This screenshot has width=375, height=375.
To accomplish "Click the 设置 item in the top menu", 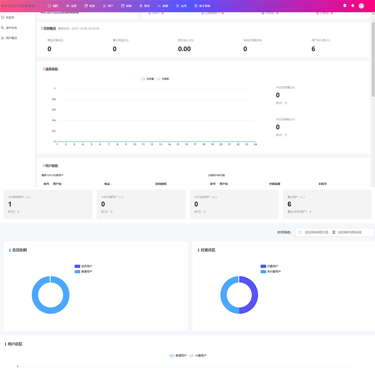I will (x=71, y=6).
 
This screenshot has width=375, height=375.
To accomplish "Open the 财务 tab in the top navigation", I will (x=145, y=6).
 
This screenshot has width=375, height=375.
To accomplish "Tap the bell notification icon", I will (x=352, y=6).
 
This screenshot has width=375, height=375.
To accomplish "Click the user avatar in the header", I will (x=361, y=6).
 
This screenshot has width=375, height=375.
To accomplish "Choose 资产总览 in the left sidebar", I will (x=11, y=28).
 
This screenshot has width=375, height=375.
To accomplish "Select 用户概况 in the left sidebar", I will (x=11, y=37).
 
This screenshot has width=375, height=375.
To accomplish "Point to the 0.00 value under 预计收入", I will (x=184, y=49).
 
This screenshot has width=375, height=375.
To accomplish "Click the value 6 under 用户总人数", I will (x=313, y=49).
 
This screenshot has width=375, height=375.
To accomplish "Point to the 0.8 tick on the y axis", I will (x=53, y=99).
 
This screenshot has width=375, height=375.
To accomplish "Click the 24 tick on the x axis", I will (x=255, y=144).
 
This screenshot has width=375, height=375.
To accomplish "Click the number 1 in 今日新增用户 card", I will (x=10, y=204).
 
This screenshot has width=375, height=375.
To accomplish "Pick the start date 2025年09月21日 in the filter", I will (x=317, y=232).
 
